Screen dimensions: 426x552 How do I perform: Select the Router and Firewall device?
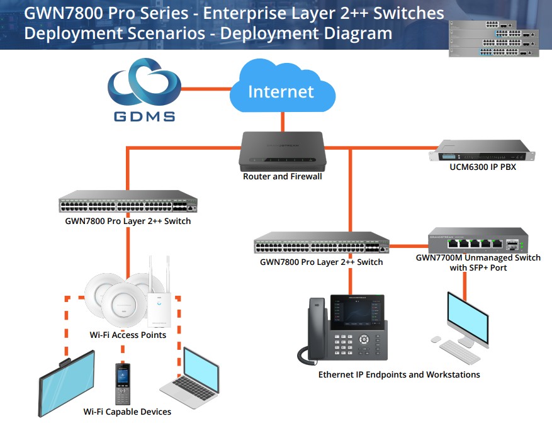(x=281, y=151)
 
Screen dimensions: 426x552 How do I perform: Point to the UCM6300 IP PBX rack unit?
(x=480, y=151)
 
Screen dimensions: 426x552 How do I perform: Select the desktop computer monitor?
(x=467, y=316)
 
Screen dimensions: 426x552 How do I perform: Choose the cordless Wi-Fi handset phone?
(x=123, y=383)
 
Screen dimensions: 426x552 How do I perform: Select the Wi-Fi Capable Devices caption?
(x=127, y=412)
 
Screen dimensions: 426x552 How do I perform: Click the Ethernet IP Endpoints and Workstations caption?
(x=399, y=374)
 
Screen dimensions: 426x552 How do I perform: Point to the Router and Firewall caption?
(x=282, y=177)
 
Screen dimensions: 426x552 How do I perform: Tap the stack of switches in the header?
(x=493, y=38)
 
